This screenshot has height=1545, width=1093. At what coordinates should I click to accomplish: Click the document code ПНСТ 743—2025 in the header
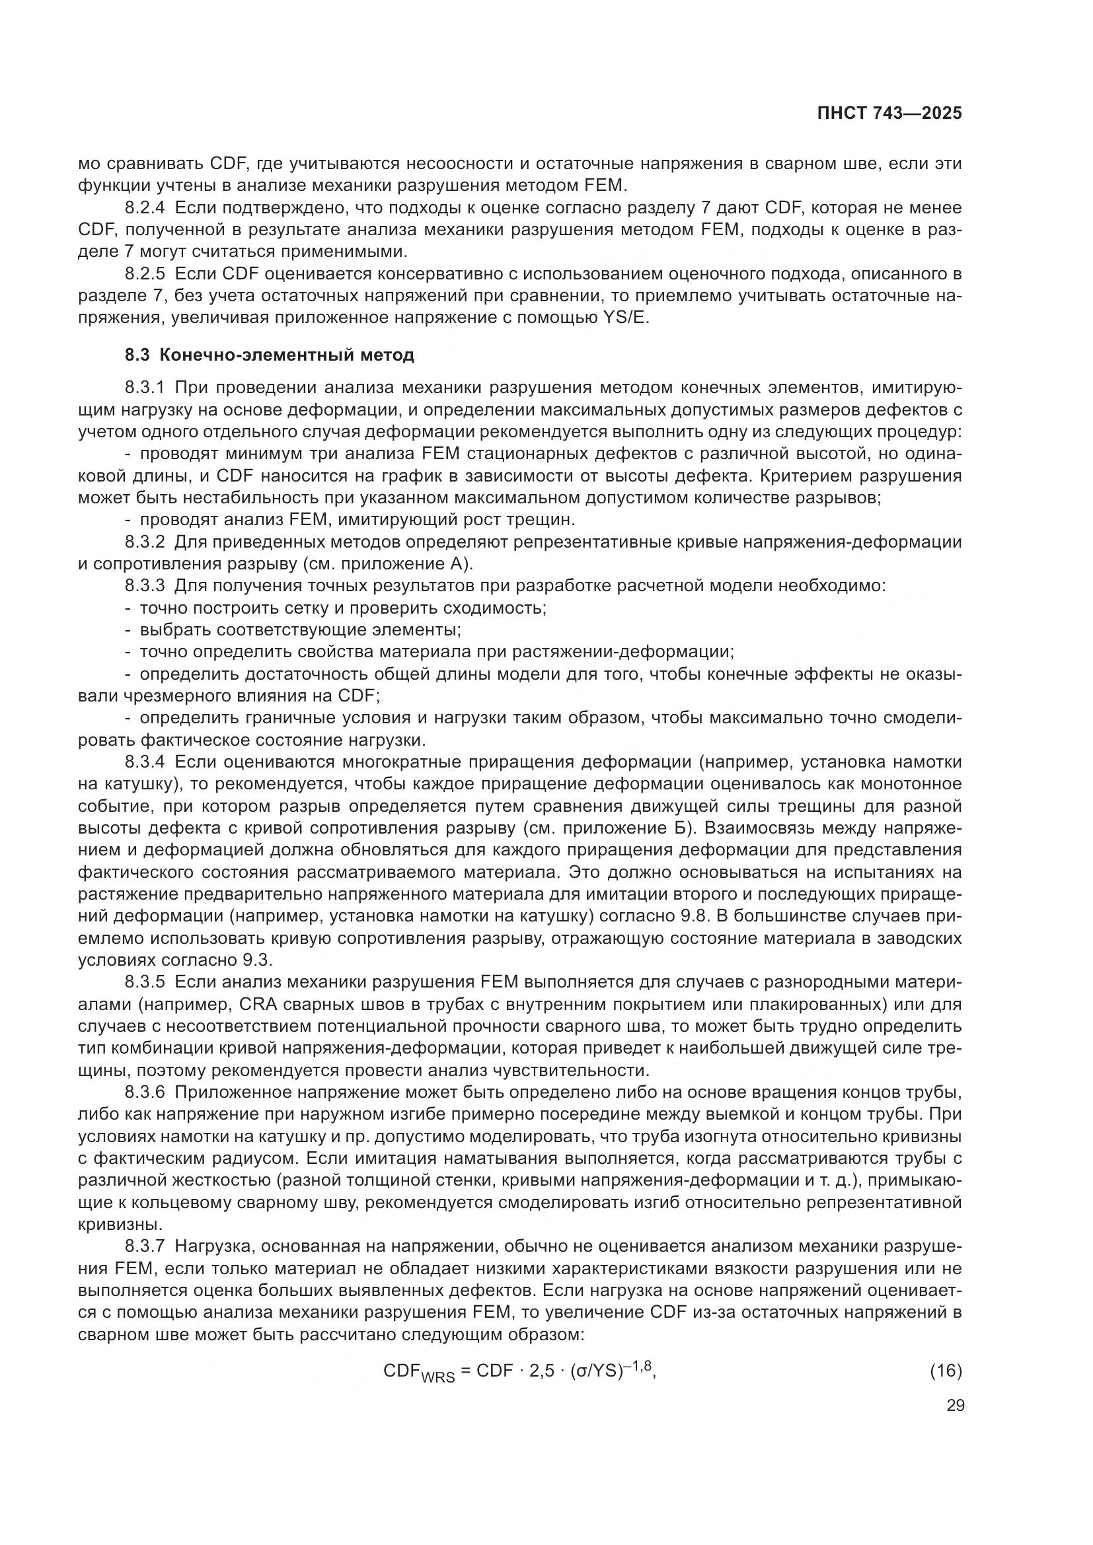click(889, 114)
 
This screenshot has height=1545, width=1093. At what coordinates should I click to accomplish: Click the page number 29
click(955, 1405)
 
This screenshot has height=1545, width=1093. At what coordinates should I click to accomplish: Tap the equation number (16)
click(946, 1371)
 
